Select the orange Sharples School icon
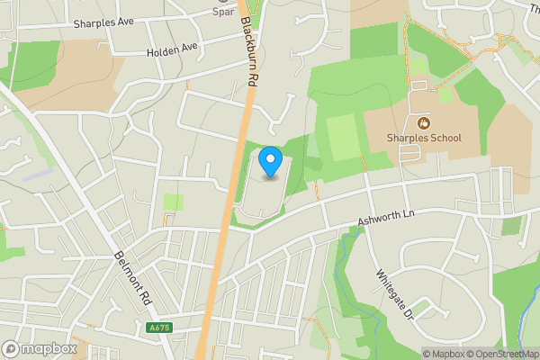(x=425, y=122)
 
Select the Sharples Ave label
(x=103, y=24)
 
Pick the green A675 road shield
(x=158, y=328)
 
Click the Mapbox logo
(x=40, y=348)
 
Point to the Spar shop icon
(x=222, y=3)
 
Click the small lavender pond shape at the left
(x=38, y=172)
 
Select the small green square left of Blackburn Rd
(x=173, y=202)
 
